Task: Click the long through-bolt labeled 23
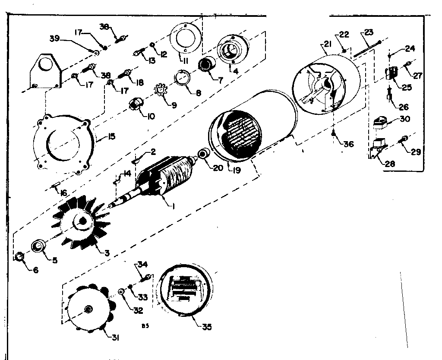[367, 48]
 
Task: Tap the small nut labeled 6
[19, 258]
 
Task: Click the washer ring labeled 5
[38, 246]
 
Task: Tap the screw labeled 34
[147, 277]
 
